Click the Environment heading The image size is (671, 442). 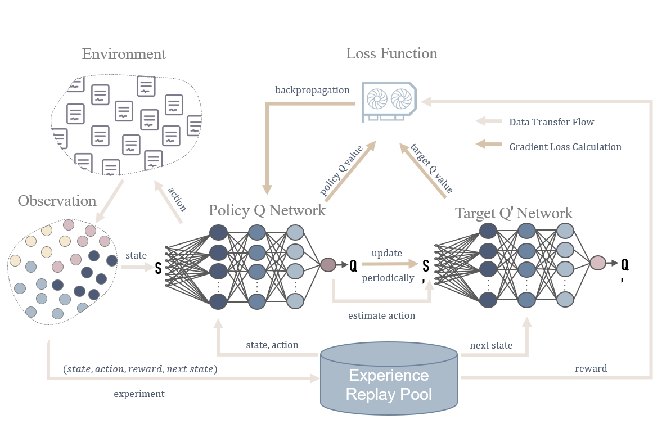click(x=124, y=55)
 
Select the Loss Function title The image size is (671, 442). click(x=391, y=54)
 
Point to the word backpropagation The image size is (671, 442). click(x=312, y=90)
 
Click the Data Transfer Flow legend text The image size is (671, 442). click(x=551, y=122)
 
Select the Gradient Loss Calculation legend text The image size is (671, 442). click(x=565, y=147)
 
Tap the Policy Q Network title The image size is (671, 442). click(x=267, y=210)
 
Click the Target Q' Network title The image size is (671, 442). click(x=514, y=213)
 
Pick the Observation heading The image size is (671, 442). click(x=57, y=201)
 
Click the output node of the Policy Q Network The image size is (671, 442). click(x=328, y=264)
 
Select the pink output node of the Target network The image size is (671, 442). click(x=597, y=263)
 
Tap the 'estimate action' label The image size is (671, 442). click(x=381, y=315)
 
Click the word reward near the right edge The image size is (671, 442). click(x=591, y=368)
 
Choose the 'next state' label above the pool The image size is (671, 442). click(x=491, y=345)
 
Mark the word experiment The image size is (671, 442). click(x=139, y=394)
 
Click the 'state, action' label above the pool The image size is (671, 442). click(x=272, y=345)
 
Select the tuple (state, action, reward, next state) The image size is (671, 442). click(x=141, y=369)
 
